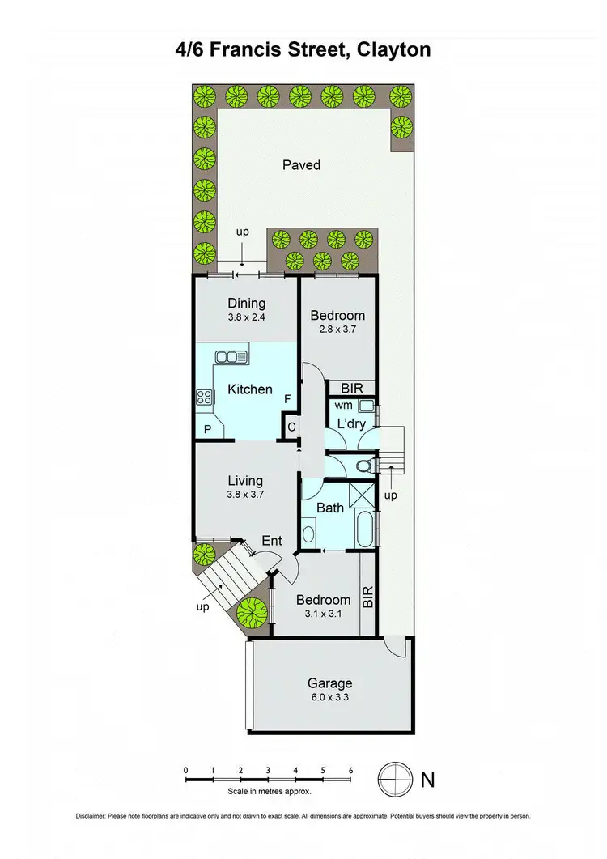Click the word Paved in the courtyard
coord(301,165)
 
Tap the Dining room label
coord(246,304)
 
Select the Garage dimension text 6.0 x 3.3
coord(329,698)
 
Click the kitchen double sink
coord(231,356)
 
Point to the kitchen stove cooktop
coord(204,397)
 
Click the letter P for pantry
coord(207,430)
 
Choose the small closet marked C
coord(290,427)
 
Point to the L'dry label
coord(353,423)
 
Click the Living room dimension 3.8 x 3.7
coord(246,496)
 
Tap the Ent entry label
coord(272,540)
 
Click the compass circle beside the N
coord(393,780)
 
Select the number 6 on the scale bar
coord(350,770)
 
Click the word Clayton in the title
coord(390,50)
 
